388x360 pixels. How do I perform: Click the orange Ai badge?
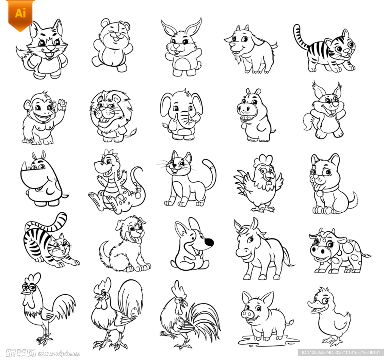(20, 15)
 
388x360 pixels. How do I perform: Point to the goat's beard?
(238, 60)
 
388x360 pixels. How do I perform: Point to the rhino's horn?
(24, 166)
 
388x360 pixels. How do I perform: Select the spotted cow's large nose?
(319, 251)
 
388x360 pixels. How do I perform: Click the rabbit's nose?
(177, 46)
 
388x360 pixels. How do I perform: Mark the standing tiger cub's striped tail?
(301, 36)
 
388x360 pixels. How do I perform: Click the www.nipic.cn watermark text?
(59, 353)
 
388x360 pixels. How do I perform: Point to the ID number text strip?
(341, 352)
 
